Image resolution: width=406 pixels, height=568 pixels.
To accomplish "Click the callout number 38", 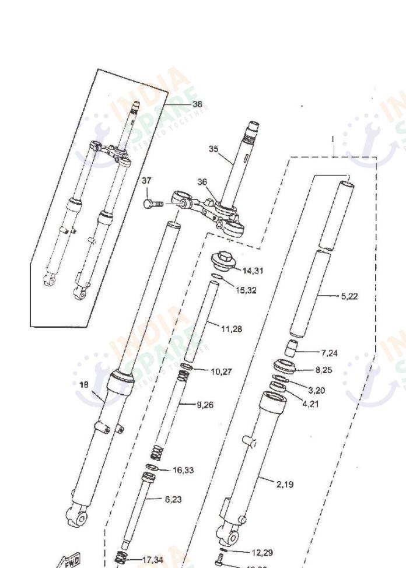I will pyautogui.click(x=197, y=104).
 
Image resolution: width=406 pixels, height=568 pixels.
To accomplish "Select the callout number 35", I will pyautogui.click(x=214, y=149).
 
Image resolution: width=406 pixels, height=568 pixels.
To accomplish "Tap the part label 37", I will pyautogui.click(x=146, y=181).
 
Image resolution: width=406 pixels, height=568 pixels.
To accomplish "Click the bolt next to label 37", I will pyautogui.click(x=152, y=204).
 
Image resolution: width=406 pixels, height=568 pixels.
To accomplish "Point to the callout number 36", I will pyautogui.click(x=202, y=182).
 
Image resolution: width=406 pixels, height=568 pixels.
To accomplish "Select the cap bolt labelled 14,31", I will pyautogui.click(x=224, y=261).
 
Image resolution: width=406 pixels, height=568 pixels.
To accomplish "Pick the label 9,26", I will pyautogui.click(x=205, y=404).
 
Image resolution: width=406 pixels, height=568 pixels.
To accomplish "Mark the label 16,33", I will pyautogui.click(x=184, y=470).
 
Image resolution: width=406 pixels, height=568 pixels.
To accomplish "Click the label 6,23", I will pyautogui.click(x=173, y=499).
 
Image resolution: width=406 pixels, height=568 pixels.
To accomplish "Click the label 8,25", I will pyautogui.click(x=324, y=370).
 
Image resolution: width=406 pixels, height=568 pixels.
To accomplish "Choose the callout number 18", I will pyautogui.click(x=83, y=384).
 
